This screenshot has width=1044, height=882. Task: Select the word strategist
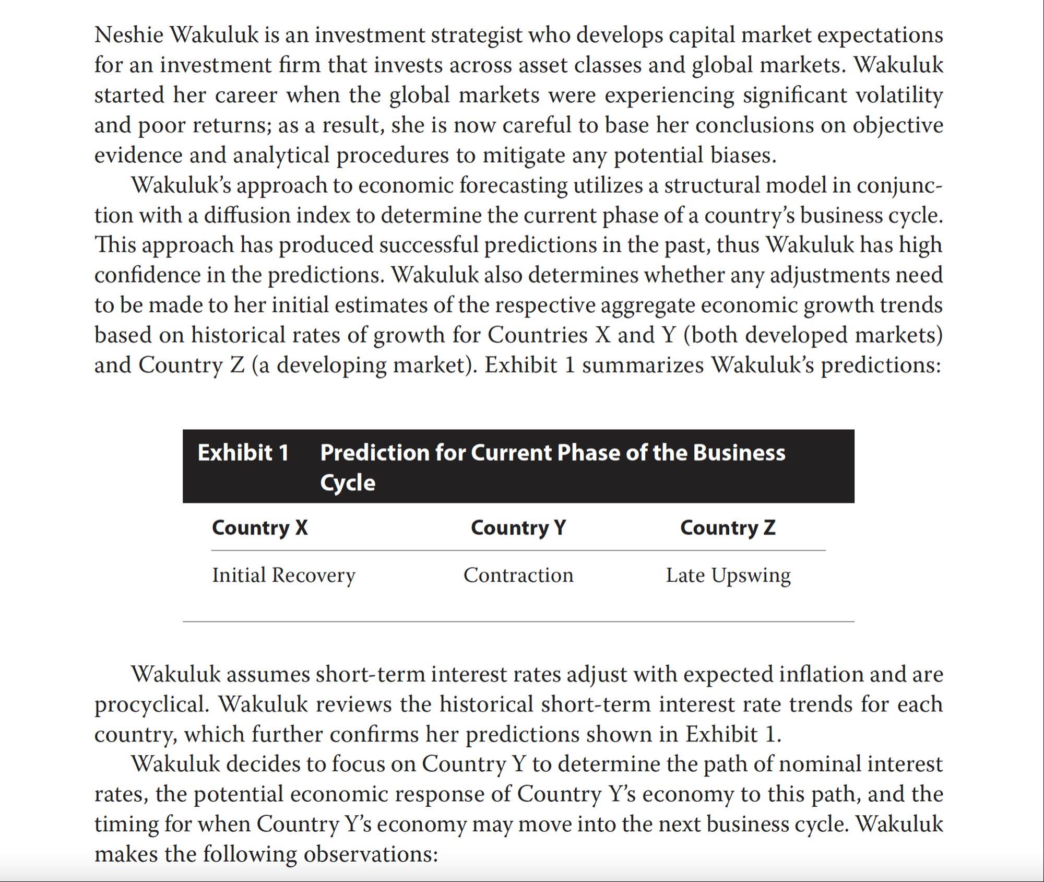pos(476,35)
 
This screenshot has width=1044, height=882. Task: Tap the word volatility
pos(895,95)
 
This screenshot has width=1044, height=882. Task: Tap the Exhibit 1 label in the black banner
pos(243,452)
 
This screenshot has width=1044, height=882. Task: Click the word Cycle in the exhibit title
pos(348,483)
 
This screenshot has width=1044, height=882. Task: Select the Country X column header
pos(259,527)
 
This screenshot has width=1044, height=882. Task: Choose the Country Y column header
pos(518,527)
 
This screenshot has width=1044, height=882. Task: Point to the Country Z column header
pos(728,527)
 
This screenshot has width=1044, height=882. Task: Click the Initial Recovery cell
pos(283,575)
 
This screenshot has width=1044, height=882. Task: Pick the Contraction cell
pos(518,575)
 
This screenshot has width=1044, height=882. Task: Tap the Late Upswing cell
pos(728,575)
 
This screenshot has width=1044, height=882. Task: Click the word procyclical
pos(151,704)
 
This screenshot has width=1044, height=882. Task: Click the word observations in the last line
pos(370,854)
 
